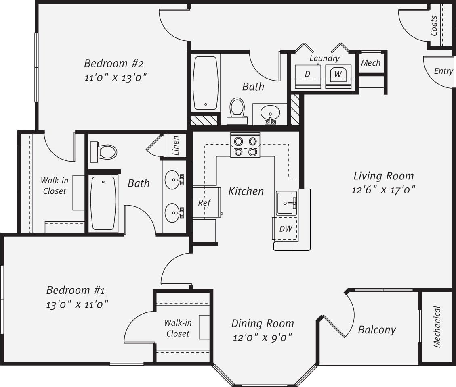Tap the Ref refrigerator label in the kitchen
point(204,203)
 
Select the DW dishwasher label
point(286,229)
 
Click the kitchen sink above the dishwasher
point(286,203)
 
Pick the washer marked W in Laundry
point(338,75)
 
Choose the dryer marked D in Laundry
point(307,74)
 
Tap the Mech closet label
point(370,63)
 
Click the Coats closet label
point(434,25)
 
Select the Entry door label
point(443,71)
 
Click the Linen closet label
point(175,145)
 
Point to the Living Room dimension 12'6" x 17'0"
point(383,189)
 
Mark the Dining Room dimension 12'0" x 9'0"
point(263,337)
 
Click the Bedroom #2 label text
point(114,63)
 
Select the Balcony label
point(377,330)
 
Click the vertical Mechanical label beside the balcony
point(437,327)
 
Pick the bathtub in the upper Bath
point(206,83)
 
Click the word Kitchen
point(246,191)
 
